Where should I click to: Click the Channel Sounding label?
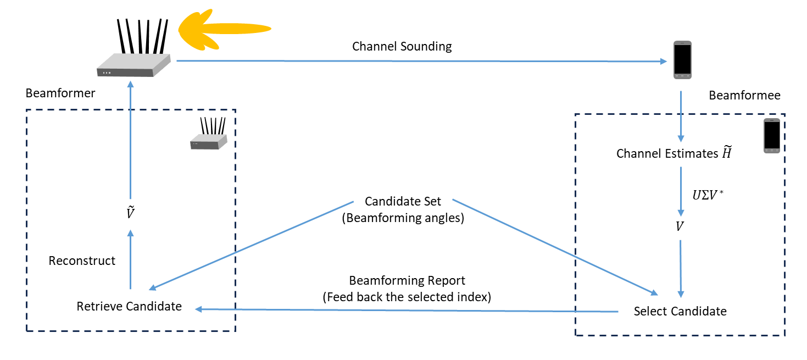(x=402, y=46)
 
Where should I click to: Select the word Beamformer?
(x=60, y=93)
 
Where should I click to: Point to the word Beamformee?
(x=744, y=96)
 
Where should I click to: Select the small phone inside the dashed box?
(x=771, y=135)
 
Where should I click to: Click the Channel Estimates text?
(x=674, y=154)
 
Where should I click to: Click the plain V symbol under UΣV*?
(x=680, y=226)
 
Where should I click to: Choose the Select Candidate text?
(x=680, y=312)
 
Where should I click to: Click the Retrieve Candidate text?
(x=129, y=306)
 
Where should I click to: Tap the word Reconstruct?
(x=82, y=261)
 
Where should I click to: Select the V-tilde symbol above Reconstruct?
(x=130, y=212)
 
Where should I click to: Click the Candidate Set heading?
(x=403, y=202)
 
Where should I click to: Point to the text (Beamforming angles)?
(x=403, y=218)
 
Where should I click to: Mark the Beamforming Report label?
(x=407, y=281)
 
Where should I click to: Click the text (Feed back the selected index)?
(x=407, y=297)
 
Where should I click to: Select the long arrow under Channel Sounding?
(x=420, y=62)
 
